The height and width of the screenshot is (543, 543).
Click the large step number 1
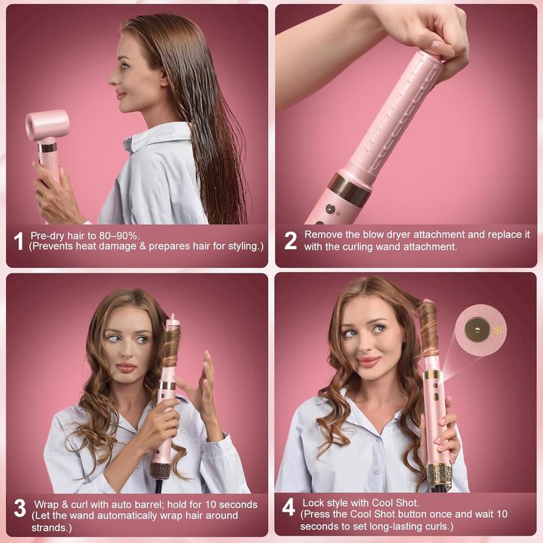click(x=20, y=240)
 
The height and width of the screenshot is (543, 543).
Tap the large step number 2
click(x=290, y=240)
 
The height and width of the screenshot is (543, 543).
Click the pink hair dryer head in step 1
click(x=47, y=125)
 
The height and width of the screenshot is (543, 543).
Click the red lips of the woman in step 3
click(x=126, y=367)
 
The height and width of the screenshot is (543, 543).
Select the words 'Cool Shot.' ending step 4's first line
click(x=399, y=503)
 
